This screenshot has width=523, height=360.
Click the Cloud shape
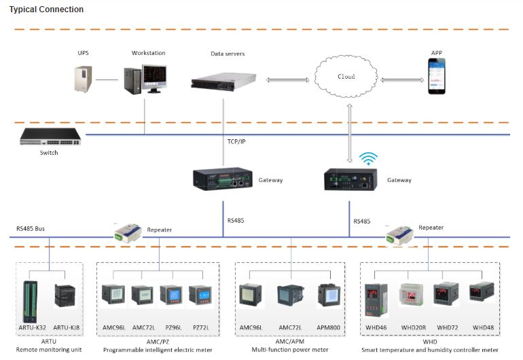coord(346,77)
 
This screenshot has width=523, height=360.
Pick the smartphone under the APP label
coord(436,76)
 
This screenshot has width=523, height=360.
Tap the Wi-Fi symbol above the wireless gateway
coord(368,158)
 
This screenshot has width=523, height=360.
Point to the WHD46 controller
coord(378,299)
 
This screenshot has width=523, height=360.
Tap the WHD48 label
coord(483,328)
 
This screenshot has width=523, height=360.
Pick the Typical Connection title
coord(46,10)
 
